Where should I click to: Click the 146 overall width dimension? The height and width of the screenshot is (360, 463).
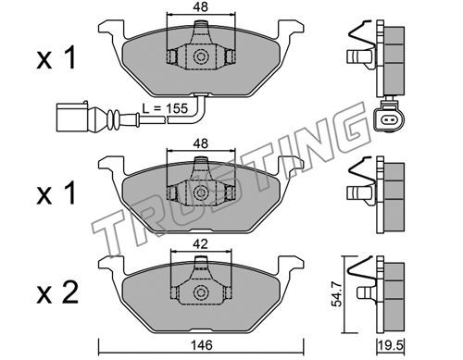pos(201,345)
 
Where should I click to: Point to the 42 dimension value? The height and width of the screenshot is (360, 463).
pos(201,244)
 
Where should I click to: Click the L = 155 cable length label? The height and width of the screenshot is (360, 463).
pos(165,108)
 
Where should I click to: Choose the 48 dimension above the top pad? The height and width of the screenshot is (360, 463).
pos(201,7)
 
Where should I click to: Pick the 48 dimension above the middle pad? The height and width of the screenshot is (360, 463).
pos(201,143)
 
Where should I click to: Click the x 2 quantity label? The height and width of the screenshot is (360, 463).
pos(57,292)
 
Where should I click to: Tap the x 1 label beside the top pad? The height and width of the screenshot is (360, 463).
pos(56,58)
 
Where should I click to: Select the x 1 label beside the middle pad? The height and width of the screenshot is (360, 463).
pos(56,193)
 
